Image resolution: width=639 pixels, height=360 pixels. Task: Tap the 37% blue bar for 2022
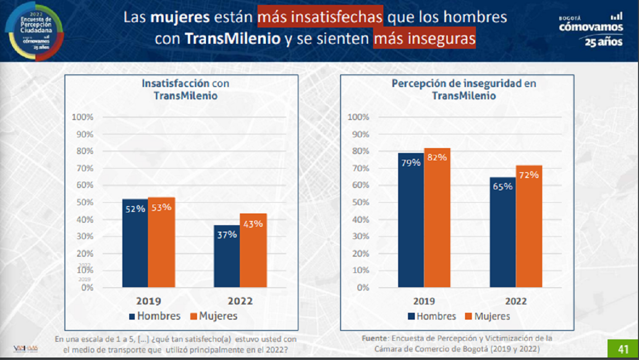click(227, 256)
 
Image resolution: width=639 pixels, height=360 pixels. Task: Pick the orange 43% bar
click(253, 251)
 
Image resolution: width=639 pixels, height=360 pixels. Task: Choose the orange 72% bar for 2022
click(529, 226)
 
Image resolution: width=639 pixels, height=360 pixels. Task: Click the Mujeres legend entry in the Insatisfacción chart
click(213, 316)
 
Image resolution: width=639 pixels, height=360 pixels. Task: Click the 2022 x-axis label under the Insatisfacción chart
click(240, 301)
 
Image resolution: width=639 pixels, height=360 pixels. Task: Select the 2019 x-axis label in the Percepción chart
click(424, 301)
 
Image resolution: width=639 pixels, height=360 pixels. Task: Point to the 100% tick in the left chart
click(82, 117)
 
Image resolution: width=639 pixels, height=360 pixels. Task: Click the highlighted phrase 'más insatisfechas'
click(320, 18)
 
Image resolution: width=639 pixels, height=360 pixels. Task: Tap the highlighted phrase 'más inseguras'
click(425, 39)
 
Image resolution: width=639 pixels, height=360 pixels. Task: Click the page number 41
click(623, 349)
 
